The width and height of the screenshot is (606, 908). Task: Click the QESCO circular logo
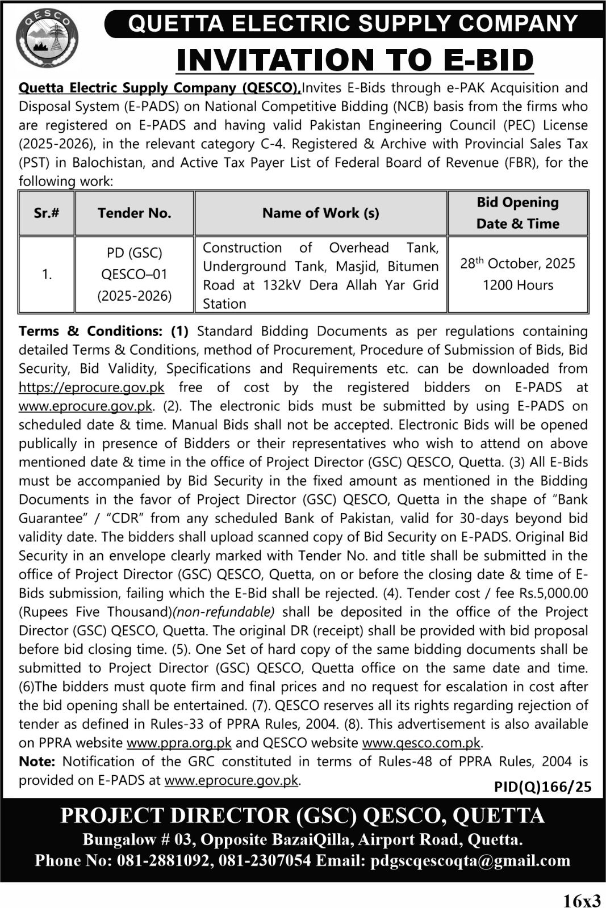pyautogui.click(x=47, y=39)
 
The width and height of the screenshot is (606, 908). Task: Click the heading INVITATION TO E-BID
pyautogui.click(x=355, y=60)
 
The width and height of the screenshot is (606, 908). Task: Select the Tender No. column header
pyautogui.click(x=134, y=213)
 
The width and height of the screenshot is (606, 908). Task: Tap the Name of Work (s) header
pyautogui.click(x=320, y=213)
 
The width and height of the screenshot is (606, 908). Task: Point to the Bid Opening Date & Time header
pyautogui.click(x=517, y=213)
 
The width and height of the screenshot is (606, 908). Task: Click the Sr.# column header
pyautogui.click(x=47, y=213)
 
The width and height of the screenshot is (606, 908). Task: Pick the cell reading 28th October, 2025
pyautogui.click(x=517, y=264)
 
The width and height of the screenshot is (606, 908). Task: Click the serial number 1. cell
pyautogui.click(x=47, y=275)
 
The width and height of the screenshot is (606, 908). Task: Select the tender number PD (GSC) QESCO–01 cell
pyautogui.click(x=134, y=274)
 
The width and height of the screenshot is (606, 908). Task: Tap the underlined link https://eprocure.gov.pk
pyautogui.click(x=91, y=388)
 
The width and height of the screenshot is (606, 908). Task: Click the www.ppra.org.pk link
pyautogui.click(x=179, y=743)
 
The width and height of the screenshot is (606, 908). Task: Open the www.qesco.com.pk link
pyautogui.click(x=421, y=743)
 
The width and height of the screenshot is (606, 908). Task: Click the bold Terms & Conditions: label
pyautogui.click(x=90, y=331)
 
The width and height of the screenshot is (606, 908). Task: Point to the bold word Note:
pyautogui.click(x=37, y=762)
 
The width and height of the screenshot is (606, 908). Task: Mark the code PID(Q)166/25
pyautogui.click(x=542, y=787)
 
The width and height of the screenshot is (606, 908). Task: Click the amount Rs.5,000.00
pyautogui.click(x=553, y=594)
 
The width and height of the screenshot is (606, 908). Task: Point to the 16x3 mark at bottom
pyautogui.click(x=582, y=900)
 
